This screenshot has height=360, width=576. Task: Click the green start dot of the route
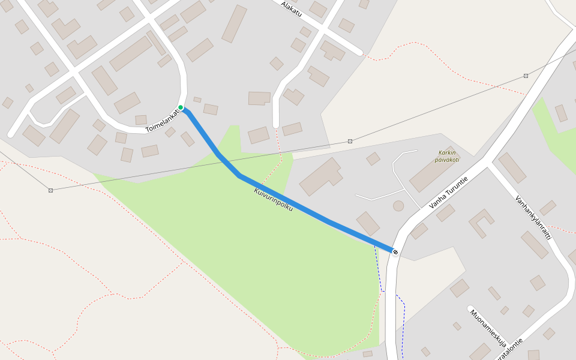pyautogui.click(x=181, y=107)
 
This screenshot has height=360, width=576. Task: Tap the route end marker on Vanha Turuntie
pyautogui.click(x=395, y=251)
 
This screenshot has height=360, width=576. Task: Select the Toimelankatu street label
pyautogui.click(x=163, y=119)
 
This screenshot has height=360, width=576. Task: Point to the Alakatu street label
pyautogui.click(x=291, y=8)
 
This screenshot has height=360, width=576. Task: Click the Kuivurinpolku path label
pyautogui.click(x=273, y=199)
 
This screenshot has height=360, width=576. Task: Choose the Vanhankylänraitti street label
pyautogui.click(x=533, y=217)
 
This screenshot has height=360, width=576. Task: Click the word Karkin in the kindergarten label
pyautogui.click(x=448, y=152)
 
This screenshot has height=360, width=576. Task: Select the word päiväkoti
pyautogui.click(x=448, y=160)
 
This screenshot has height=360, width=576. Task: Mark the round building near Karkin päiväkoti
pyautogui.click(x=398, y=206)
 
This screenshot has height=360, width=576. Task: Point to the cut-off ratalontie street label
pyautogui.click(x=508, y=349)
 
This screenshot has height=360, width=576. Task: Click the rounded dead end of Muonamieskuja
pyautogui.click(x=470, y=308)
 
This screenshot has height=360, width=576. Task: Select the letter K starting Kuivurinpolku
pyautogui.click(x=257, y=191)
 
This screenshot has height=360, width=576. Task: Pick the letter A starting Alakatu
pyautogui.click(x=283, y=3)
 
